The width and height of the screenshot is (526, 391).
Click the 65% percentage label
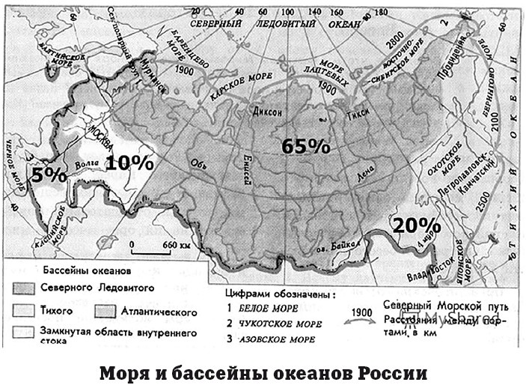(x=305, y=146)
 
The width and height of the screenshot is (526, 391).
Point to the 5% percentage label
(x=49, y=175)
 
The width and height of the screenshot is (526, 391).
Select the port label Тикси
(x=355, y=116)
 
